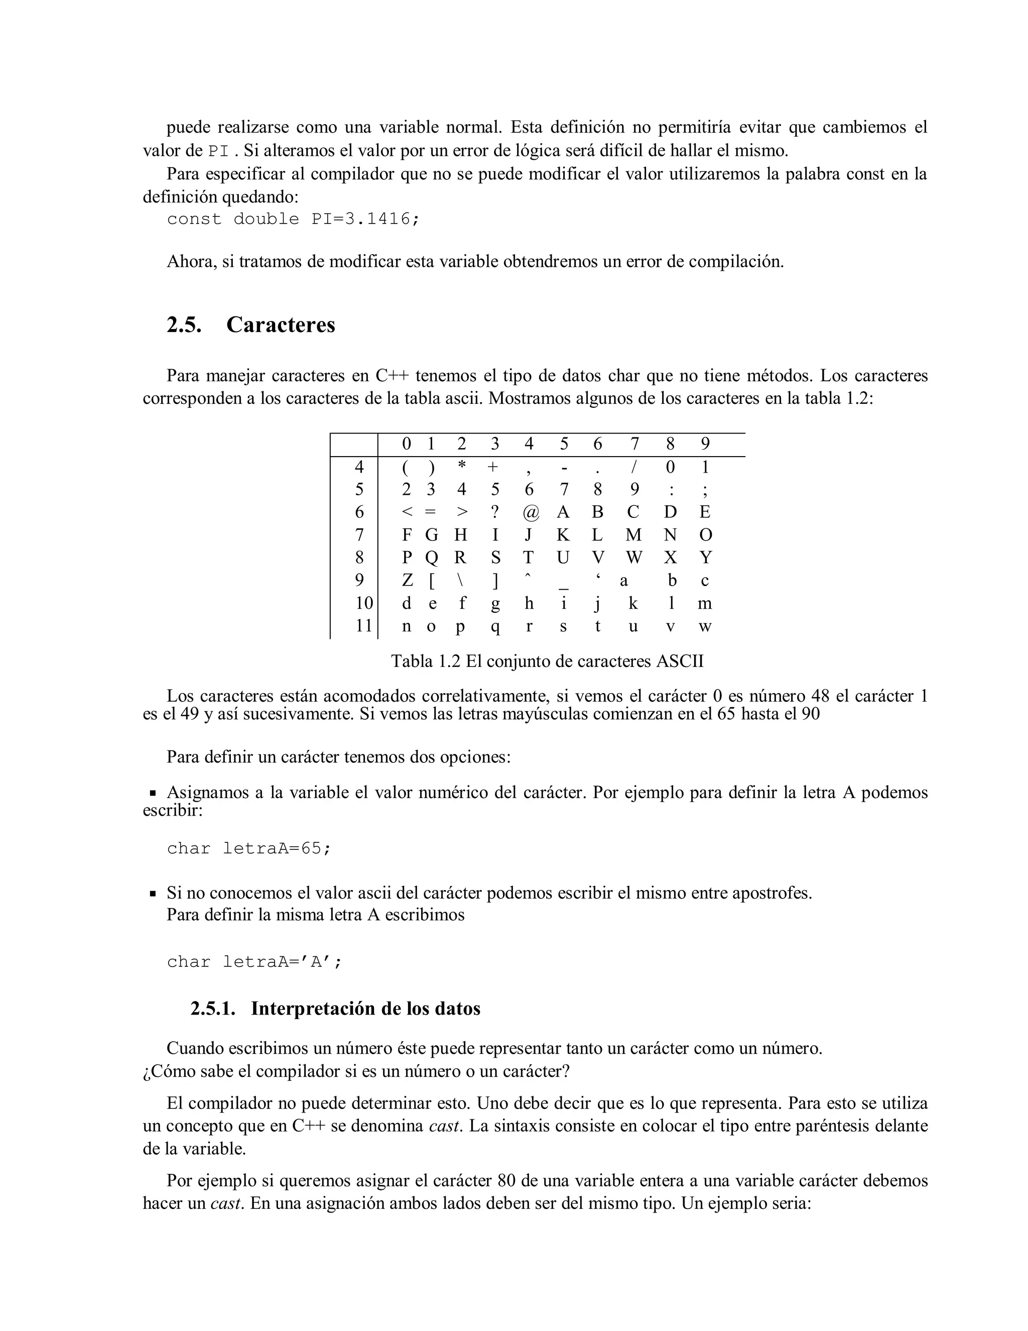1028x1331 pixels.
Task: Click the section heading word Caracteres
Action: pos(280,325)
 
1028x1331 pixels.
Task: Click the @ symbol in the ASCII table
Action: pos(531,512)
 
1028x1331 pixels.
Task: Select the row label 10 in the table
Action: pos(364,603)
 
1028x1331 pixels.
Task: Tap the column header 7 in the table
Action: pos(634,443)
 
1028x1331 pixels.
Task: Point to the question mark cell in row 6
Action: pos(495,512)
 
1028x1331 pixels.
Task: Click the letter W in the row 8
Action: pos(634,558)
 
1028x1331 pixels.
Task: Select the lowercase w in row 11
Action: pos(705,626)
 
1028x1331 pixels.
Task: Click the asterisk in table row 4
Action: pos(462,466)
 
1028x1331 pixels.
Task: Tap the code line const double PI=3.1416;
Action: pos(293,219)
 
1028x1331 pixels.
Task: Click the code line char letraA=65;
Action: pos(249,848)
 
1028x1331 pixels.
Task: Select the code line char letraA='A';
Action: pos(254,962)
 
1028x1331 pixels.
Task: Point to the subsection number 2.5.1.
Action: pos(212,1009)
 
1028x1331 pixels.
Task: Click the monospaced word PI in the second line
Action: pos(219,151)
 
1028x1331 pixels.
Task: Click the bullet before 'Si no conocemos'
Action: pos(153,894)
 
